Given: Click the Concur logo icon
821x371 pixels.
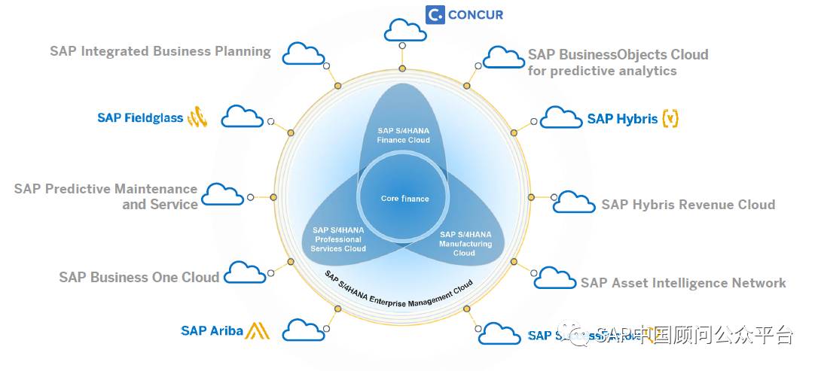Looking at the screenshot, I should pos(435,14).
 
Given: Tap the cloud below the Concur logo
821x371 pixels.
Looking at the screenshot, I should pos(405,31).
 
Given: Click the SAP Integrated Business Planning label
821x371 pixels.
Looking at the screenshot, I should pos(160,52).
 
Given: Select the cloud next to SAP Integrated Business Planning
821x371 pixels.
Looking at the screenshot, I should pos(303,53).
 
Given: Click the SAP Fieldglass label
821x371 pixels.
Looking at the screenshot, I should pos(140,118).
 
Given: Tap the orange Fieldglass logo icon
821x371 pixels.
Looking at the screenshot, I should pos(197,117).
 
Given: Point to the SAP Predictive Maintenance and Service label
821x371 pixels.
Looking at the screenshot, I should pos(106,196).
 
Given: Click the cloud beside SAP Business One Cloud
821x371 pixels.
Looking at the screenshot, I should pos(246,272).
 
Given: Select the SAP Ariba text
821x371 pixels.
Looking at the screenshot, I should pos(212,331).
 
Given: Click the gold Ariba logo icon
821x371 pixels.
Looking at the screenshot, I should pos(258,330).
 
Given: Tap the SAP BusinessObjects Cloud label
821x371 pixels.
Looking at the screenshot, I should pos(618,62).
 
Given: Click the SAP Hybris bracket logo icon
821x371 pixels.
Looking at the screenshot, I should pos(670,118).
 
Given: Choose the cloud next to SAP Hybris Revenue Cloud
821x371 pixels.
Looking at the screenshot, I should pos(575,202).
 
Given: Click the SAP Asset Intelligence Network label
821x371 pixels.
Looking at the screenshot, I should pos(683,283).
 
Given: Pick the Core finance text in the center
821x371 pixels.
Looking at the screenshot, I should pos(404,199).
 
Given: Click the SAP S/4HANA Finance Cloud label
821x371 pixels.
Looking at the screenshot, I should pos(404,135).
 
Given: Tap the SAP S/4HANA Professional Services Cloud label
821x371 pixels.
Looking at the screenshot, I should pos(339,239).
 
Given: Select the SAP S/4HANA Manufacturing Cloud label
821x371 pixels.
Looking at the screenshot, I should pos(465,244).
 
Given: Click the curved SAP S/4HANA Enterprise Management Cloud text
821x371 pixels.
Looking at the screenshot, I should pos(399,289).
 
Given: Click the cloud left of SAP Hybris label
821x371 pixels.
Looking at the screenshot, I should pos(561,117).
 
